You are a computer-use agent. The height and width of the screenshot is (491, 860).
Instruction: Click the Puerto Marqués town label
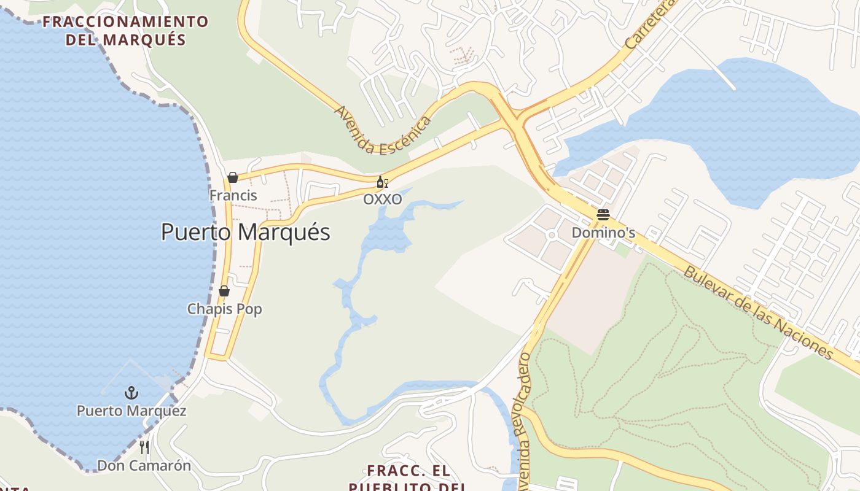pyautogui.click(x=246, y=232)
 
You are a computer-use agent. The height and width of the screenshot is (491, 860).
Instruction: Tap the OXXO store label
pyautogui.click(x=382, y=199)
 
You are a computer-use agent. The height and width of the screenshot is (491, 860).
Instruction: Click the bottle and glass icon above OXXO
pyautogui.click(x=382, y=182)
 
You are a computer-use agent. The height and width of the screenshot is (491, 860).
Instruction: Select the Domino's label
pyautogui.click(x=603, y=233)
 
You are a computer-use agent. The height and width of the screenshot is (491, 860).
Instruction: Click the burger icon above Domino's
pyautogui.click(x=603, y=215)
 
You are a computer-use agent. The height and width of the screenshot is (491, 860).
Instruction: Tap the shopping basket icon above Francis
pyautogui.click(x=233, y=177)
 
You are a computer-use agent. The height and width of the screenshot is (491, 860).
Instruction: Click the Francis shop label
pyautogui.click(x=233, y=195)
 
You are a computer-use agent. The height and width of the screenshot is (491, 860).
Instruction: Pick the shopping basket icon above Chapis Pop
pyautogui.click(x=224, y=291)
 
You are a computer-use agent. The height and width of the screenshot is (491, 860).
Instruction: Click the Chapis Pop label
pyautogui.click(x=224, y=309)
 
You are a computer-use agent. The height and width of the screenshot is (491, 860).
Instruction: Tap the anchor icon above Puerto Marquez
pyautogui.click(x=131, y=392)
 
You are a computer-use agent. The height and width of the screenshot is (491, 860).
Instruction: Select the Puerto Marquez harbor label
pyautogui.click(x=131, y=410)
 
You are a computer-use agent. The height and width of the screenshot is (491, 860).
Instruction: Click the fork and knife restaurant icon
pyautogui.click(x=144, y=447)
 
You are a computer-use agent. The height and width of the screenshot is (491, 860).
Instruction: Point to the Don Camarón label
pyautogui.click(x=144, y=465)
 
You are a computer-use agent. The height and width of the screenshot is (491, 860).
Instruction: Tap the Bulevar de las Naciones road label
pyautogui.click(x=759, y=313)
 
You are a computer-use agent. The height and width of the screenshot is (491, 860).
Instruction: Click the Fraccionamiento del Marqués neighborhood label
pyautogui.click(x=125, y=31)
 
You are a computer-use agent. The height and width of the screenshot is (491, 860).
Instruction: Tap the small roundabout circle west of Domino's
pyautogui.click(x=552, y=234)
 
